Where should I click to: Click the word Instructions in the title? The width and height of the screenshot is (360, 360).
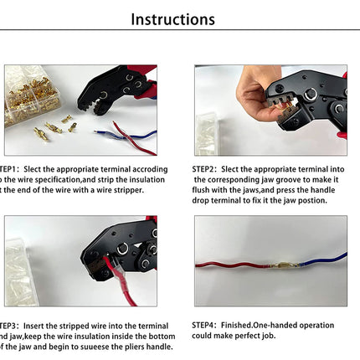click(173, 19)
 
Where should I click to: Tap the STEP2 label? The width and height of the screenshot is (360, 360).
click(206, 168)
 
